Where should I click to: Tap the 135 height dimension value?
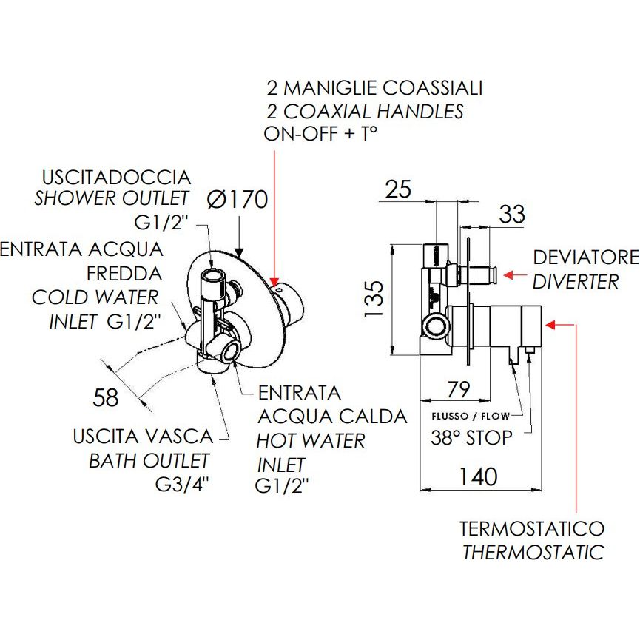376,298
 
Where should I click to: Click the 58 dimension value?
106,398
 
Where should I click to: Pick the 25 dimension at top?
398,189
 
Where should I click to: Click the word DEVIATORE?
585,258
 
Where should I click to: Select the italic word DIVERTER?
576,282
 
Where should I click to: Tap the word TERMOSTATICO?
531,529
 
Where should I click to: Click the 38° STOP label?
471,437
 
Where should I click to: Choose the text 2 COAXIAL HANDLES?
365,111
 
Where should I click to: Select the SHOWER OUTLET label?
112,198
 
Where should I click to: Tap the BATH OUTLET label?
149,461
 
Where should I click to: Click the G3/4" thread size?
181,485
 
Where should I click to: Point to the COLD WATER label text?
95,297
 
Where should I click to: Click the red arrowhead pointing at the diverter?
510,274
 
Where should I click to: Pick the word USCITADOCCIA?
116,178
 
